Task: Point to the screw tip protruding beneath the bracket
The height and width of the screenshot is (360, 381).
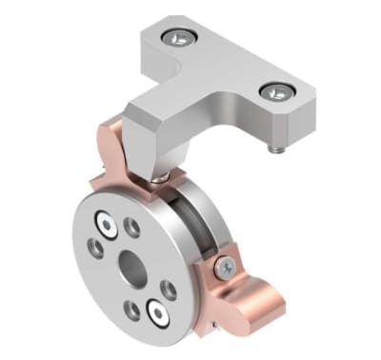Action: point(273,149)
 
